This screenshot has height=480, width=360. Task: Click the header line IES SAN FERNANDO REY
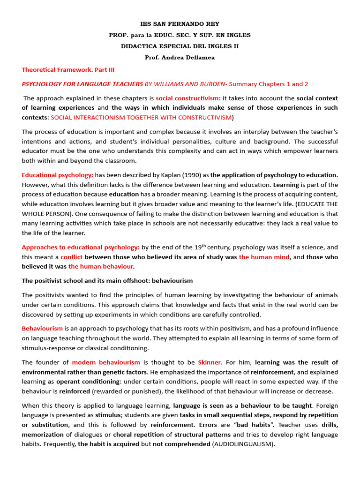click(x=180, y=24)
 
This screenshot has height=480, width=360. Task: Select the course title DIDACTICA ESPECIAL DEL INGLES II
click(x=180, y=46)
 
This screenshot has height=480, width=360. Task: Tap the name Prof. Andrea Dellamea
click(x=180, y=57)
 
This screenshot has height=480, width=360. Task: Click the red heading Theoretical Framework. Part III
click(x=68, y=70)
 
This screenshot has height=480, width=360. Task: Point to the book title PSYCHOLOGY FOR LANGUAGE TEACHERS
click(x=82, y=84)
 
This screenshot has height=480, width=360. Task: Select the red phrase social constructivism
click(x=187, y=98)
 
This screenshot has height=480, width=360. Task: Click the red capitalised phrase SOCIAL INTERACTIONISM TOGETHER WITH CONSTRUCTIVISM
click(x=141, y=117)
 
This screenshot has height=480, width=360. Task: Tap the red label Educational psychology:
click(x=58, y=175)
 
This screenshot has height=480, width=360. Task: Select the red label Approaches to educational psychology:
click(x=81, y=247)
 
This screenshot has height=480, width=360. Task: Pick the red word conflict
click(x=72, y=257)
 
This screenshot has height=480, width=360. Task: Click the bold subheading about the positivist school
click(x=107, y=281)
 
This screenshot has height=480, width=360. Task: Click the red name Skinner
click(x=210, y=362)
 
